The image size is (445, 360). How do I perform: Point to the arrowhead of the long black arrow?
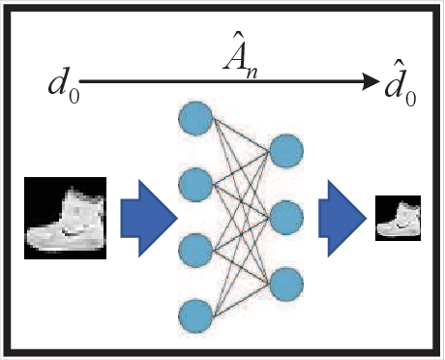tap(372, 83)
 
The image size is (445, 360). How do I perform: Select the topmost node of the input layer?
tap(194, 117)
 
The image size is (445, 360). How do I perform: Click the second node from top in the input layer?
tap(194, 181)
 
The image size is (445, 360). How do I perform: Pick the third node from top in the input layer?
tap(194, 248)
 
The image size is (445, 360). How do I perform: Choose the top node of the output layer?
tap(286, 151)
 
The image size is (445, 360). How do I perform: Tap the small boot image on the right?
tap(398, 218)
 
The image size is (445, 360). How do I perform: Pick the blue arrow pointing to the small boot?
tap(341, 219)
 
